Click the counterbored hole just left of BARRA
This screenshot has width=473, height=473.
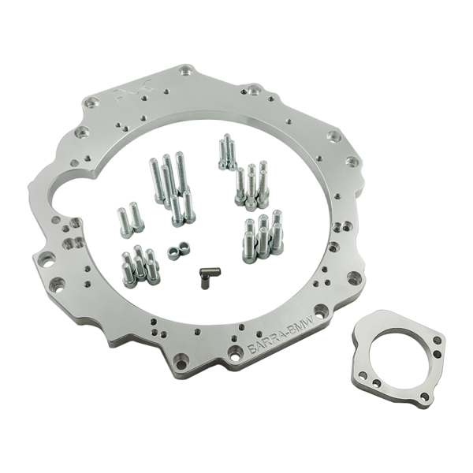(234, 353)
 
